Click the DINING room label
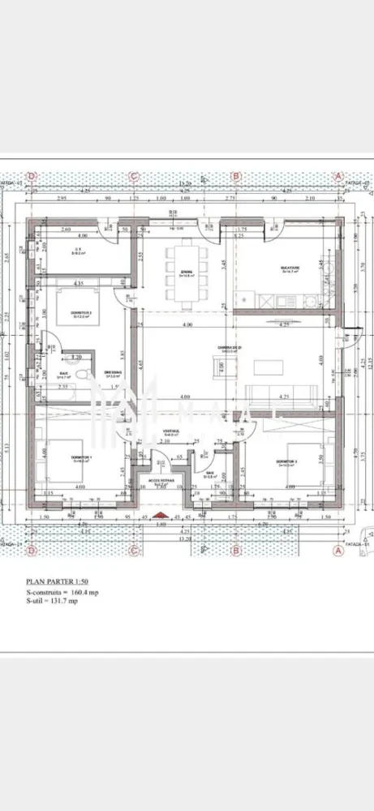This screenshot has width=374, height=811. [187, 272]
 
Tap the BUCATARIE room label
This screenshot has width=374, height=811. [291, 272]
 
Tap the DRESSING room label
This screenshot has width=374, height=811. [113, 374]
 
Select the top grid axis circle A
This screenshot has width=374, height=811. [339, 175]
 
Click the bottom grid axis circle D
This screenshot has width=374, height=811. [32, 551]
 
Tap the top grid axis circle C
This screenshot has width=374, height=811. [135, 175]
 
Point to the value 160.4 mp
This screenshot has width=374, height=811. [84, 593]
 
